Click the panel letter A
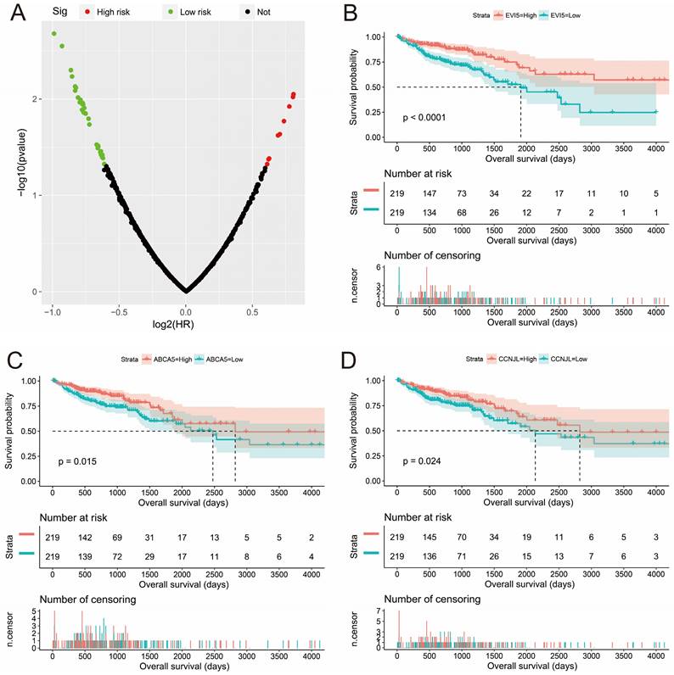coord(12,11)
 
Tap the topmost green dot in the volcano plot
coord(53,33)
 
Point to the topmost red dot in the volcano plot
coord(294,94)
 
